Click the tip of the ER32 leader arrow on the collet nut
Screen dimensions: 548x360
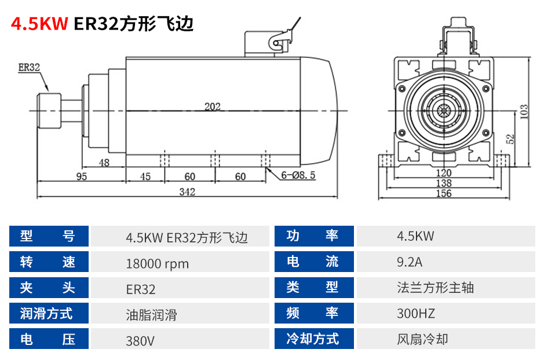(49, 92)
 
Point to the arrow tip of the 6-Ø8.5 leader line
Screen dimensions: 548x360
(266, 168)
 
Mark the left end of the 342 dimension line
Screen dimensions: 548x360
(37, 197)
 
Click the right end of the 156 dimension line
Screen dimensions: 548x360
(509, 199)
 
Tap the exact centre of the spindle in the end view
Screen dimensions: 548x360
(444, 111)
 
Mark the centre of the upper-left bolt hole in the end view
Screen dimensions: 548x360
(401, 89)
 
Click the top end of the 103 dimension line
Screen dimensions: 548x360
(530, 58)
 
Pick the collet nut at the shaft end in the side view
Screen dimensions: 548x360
(49, 111)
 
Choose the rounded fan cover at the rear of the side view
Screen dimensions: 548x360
(319, 111)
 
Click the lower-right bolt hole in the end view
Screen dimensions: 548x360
(486, 133)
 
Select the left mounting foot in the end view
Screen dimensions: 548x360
(386, 161)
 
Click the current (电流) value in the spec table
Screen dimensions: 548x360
(409, 262)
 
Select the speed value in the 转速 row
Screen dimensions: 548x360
(157, 263)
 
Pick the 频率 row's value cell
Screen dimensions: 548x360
(445, 313)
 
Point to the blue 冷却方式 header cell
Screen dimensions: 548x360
(314, 339)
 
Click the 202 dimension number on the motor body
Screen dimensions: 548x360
(213, 106)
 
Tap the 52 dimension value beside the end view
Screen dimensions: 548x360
(510, 139)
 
